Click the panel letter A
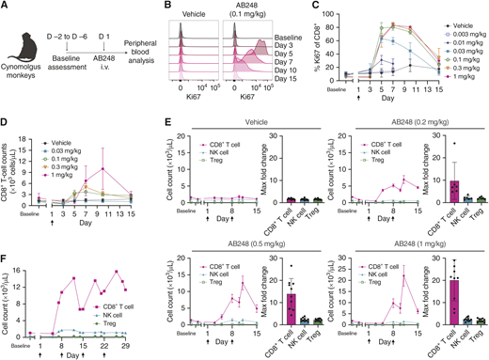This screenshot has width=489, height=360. point(5,7)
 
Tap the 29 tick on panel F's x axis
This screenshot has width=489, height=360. point(137,344)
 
